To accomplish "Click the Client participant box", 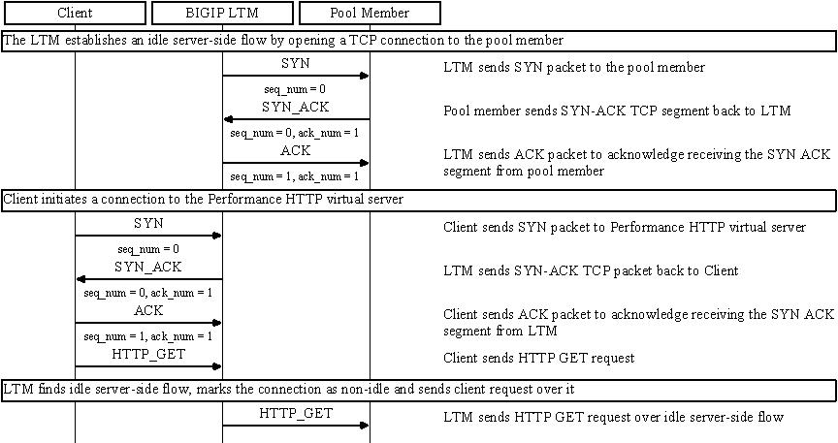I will point(75,14).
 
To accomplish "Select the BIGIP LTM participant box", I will point(222,14).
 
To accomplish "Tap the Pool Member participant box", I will point(370,14).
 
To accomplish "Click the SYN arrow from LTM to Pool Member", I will point(296,76).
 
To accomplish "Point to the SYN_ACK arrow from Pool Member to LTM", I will point(296,119).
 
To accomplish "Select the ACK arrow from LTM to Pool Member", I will point(296,163).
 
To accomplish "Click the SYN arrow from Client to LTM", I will point(148,235).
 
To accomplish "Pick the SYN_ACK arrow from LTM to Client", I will point(148,278).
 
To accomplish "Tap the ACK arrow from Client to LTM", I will point(148,323).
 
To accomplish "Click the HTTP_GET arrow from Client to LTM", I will point(148,366).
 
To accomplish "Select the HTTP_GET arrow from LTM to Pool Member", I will point(296,425).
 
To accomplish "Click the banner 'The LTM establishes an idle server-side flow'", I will point(418,42).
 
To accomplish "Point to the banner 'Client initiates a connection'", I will point(418,200).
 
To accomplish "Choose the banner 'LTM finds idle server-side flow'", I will point(418,390).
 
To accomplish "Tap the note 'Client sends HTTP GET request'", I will point(539,359).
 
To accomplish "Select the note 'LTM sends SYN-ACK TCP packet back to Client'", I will point(591,270).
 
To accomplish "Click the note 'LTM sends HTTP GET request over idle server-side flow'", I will point(613,417).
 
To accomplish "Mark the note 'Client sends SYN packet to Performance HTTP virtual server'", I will point(625,228).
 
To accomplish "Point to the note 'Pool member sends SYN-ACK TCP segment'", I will point(617,111).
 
